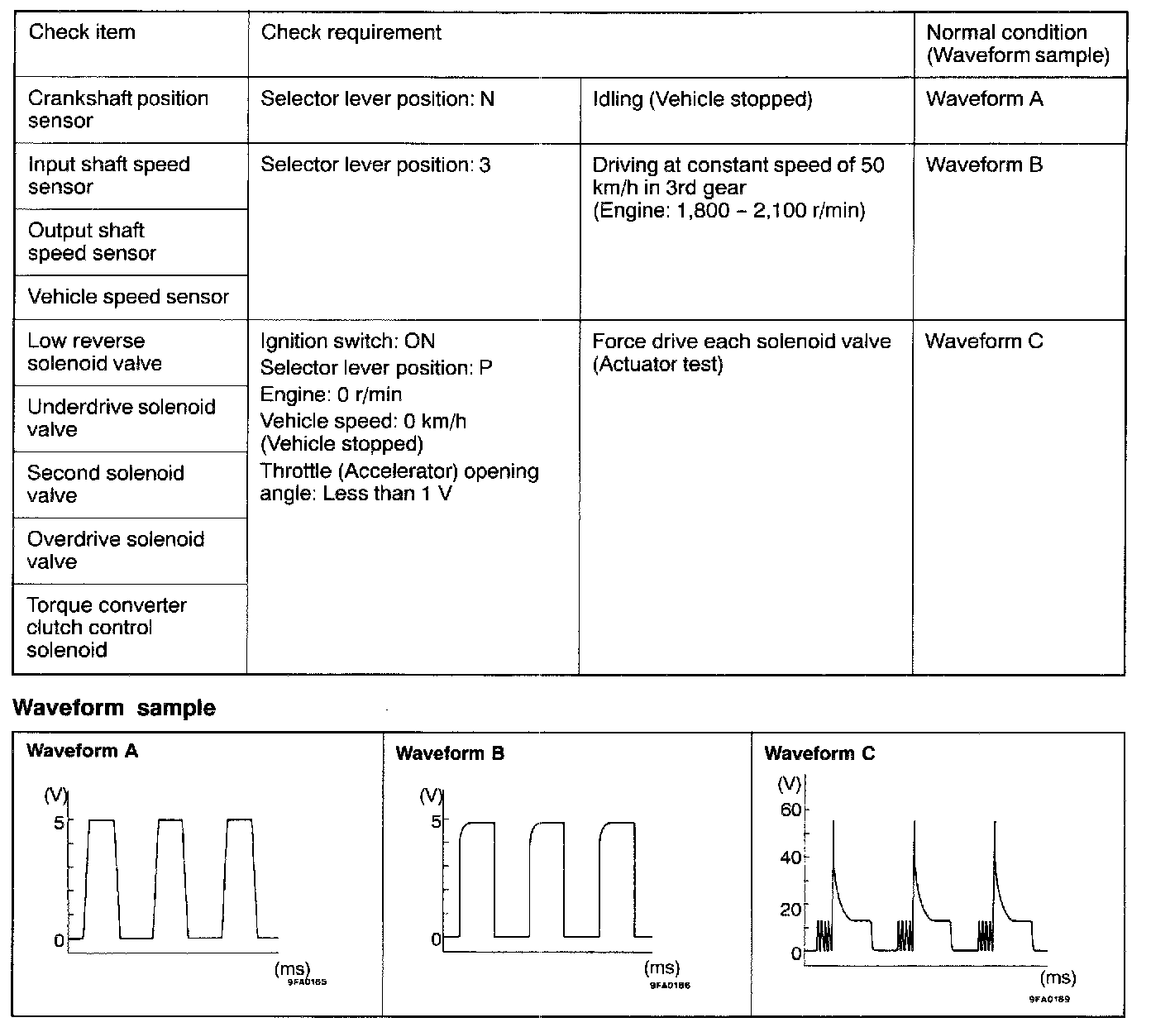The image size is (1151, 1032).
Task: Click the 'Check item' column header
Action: point(82,33)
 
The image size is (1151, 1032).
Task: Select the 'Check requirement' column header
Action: point(351,33)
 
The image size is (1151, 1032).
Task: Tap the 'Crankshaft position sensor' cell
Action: point(117,110)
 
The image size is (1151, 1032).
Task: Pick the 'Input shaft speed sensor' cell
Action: point(108,176)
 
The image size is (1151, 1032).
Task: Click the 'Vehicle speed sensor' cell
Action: point(128,298)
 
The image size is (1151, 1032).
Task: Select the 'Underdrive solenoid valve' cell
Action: point(121,418)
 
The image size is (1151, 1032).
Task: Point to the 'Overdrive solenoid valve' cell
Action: point(116,551)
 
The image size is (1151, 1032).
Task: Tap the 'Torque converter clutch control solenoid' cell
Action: point(107,628)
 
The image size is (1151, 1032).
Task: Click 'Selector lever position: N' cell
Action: point(377,99)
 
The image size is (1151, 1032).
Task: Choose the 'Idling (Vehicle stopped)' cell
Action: point(702,99)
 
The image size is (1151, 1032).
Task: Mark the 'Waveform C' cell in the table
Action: point(984,342)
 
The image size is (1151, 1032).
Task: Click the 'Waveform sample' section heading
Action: point(115,709)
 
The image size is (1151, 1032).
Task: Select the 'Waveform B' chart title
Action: point(450,753)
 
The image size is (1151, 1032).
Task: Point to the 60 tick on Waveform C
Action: point(790,810)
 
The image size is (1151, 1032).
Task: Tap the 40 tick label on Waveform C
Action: point(790,858)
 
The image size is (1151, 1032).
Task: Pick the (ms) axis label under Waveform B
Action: point(661,967)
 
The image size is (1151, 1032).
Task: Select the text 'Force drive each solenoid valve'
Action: point(742,342)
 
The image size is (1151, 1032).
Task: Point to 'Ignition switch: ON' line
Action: point(347,342)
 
